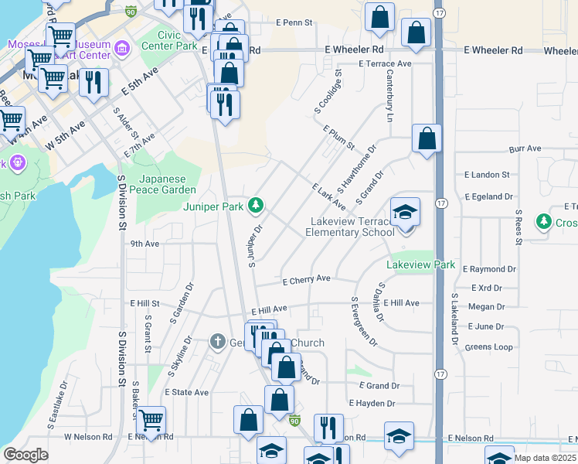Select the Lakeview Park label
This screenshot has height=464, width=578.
(421, 264)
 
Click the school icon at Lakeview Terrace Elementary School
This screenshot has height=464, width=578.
(403, 212)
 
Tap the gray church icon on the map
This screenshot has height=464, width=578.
(219, 342)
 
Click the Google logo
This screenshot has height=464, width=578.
(25, 455)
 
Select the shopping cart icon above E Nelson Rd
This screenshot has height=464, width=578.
(151, 420)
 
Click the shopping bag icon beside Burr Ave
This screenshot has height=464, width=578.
(427, 140)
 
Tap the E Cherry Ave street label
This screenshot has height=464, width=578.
(306, 279)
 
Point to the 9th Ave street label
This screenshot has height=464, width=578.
(144, 243)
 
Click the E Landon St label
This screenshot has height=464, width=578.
(487, 176)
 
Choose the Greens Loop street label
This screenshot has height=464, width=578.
(488, 347)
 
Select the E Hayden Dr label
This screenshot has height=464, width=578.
(372, 404)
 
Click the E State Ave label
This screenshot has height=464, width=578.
(186, 393)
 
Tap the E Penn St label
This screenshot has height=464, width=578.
(294, 22)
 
